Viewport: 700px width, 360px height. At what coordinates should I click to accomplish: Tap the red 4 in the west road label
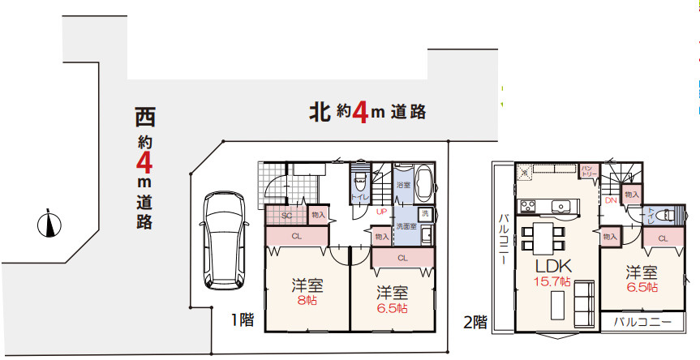[144, 163]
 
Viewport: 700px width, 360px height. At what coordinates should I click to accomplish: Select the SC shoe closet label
[286, 216]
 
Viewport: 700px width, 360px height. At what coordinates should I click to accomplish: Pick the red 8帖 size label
[307, 299]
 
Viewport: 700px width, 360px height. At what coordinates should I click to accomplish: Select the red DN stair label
[611, 199]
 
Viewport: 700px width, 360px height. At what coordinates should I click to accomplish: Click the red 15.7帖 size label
[553, 281]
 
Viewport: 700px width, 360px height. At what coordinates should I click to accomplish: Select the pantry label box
[588, 170]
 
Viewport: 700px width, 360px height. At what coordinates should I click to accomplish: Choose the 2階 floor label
[475, 322]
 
